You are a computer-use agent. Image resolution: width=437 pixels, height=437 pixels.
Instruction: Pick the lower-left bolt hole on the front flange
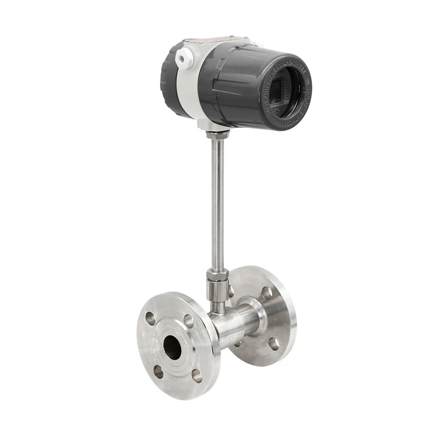[158, 371]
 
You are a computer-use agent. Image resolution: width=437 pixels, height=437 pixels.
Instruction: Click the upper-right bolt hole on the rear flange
[267, 293]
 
